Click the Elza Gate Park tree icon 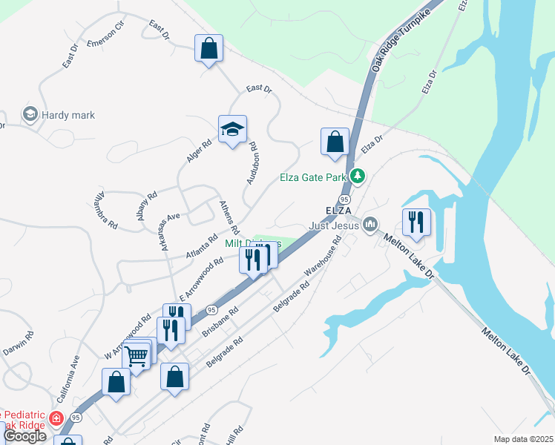point(358,177)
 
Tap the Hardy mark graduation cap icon point(30,115)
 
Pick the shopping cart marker point(137,357)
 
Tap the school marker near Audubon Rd point(232,130)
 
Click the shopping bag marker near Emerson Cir point(208,48)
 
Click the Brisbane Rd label point(219,323)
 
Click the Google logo point(24,435)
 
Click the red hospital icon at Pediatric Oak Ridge point(56,419)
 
